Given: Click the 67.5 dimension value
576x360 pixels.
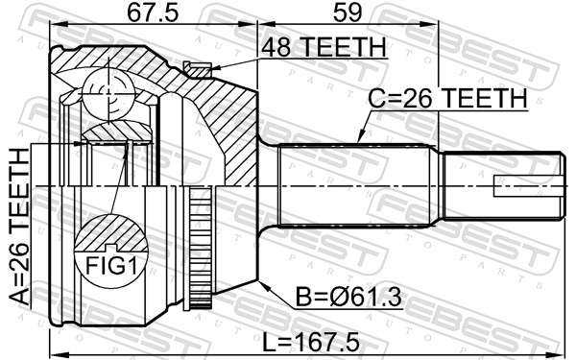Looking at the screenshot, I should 153,13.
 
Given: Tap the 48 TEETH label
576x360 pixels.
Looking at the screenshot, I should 322,47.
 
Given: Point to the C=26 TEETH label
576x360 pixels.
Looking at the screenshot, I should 448,99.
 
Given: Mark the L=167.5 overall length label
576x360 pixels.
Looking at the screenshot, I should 309,338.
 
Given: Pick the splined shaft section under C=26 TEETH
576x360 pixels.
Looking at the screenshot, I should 355,185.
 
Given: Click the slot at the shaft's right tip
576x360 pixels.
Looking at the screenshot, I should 526,185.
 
